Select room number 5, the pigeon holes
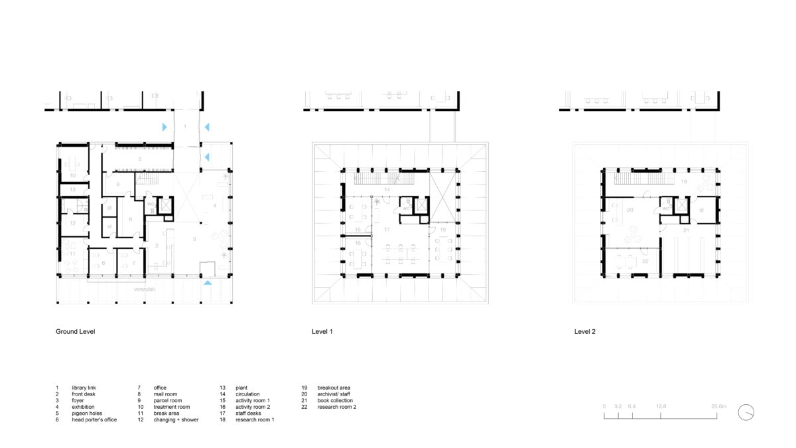140,160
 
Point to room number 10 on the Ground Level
73,175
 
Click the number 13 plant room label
74,190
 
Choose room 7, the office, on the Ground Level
134,263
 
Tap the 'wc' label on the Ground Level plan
151,204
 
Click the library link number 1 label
186,125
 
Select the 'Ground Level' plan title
75,331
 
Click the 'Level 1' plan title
322,331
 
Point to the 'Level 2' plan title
584,331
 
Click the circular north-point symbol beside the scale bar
746,412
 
